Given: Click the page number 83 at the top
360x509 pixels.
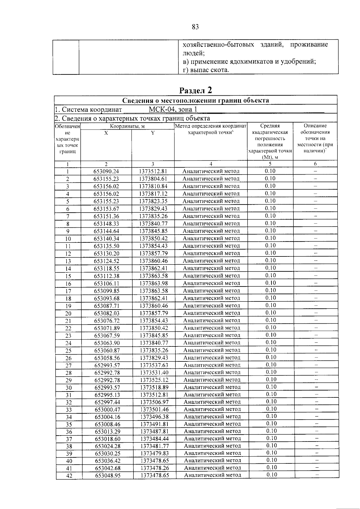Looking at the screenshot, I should pyautogui.click(x=195, y=27).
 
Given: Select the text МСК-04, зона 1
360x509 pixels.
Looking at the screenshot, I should pyautogui.click(x=173, y=109).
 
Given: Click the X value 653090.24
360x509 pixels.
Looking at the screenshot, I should pyautogui.click(x=106, y=172).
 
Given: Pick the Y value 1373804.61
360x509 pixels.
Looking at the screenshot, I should pyautogui.click(x=153, y=179).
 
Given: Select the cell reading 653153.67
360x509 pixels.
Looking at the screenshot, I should pyautogui.click(x=106, y=209).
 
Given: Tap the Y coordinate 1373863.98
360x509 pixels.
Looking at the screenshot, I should pyautogui.click(x=153, y=283).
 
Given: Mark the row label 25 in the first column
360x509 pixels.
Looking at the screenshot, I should pyautogui.click(x=68, y=351).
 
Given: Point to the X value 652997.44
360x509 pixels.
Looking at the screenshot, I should pyautogui.click(x=107, y=402).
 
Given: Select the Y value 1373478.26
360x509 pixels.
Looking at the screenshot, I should pyautogui.click(x=155, y=468).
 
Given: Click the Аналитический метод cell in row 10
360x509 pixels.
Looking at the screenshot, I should pyautogui.click(x=211, y=238).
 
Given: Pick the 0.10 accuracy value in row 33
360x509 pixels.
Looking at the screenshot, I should pyautogui.click(x=271, y=409).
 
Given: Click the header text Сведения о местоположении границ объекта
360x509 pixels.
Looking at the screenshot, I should pyautogui.click(x=195, y=100).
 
